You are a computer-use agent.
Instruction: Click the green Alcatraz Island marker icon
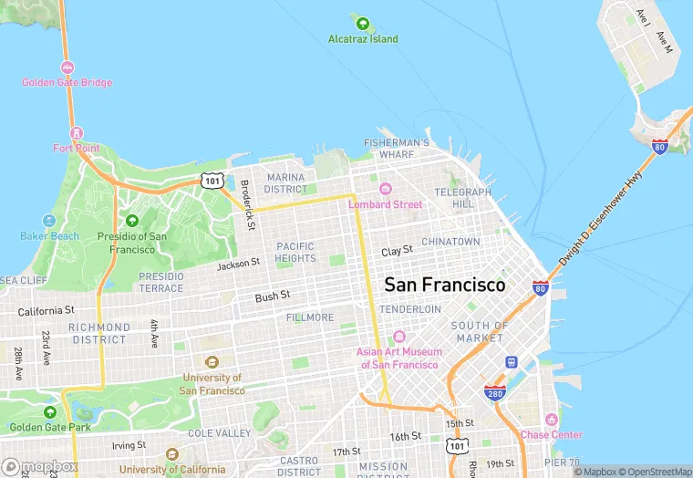(x=363, y=23)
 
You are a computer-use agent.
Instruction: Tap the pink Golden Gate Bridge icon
(x=67, y=68)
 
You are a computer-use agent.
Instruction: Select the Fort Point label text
(x=77, y=148)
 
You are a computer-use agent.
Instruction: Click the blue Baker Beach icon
(x=50, y=221)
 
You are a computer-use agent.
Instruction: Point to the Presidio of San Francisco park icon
(x=132, y=221)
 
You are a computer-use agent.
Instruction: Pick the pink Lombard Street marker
(x=386, y=189)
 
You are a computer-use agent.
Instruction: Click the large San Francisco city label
(x=444, y=285)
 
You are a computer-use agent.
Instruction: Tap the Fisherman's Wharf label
(x=396, y=149)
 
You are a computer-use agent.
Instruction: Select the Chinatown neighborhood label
(x=450, y=242)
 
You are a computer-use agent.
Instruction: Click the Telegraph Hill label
(x=462, y=198)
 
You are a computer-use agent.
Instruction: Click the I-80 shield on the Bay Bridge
(x=660, y=145)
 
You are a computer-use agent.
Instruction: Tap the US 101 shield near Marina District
(x=212, y=181)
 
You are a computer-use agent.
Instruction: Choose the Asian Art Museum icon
(x=398, y=338)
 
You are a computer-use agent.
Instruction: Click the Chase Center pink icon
(x=551, y=420)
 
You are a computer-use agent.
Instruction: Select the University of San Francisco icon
(x=212, y=362)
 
